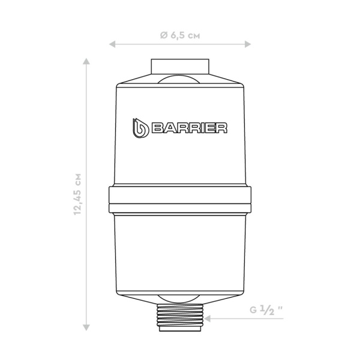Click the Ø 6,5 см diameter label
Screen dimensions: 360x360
[x=180, y=35]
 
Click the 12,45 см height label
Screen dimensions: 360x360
[x=77, y=194]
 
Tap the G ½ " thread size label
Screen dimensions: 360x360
[x=266, y=310]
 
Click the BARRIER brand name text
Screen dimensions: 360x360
[x=190, y=128]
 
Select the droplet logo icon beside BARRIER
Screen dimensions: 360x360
[x=140, y=128]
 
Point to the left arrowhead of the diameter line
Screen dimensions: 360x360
[x=112, y=44]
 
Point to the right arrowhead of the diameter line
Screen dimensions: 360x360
[x=248, y=44]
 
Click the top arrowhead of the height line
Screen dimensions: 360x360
[x=86, y=61]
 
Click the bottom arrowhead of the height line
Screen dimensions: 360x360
[x=86, y=328]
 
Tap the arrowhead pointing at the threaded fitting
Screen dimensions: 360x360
[x=208, y=319]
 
